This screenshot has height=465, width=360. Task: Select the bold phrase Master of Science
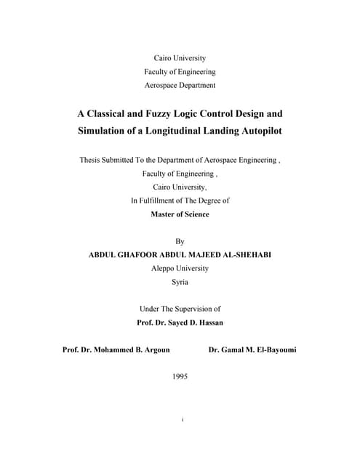coord(180,214)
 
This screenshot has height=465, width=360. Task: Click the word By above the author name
coord(180,241)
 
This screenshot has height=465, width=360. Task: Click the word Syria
coord(180,282)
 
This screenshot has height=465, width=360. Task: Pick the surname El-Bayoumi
coord(271,349)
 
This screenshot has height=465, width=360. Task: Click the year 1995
coord(180,376)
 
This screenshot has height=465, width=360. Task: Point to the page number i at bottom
coord(180,419)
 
